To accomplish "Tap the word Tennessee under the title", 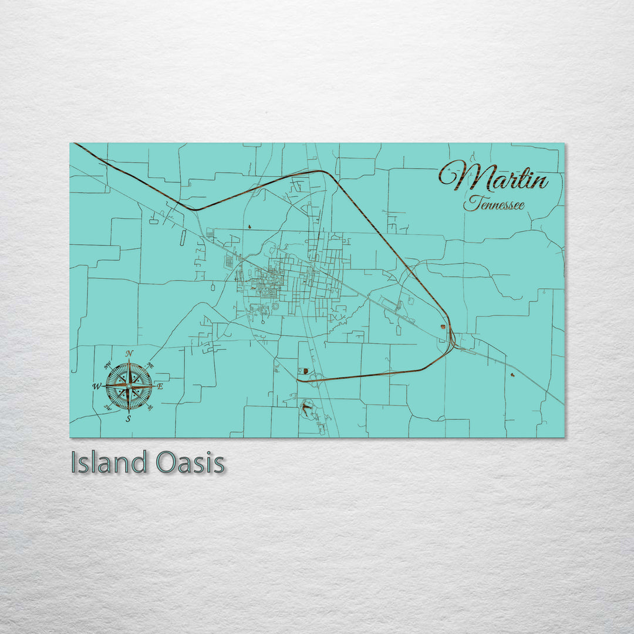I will point(493,204).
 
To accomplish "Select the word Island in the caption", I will point(108,463).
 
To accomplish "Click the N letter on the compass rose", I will point(130,353).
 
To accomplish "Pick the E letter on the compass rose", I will point(160,387).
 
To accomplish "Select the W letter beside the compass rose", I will point(97,386).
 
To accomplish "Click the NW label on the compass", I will point(108,366).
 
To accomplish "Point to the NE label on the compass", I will point(150,365).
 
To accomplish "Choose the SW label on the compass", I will point(108,407).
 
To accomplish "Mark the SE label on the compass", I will point(150,407).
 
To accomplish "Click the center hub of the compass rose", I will point(129,386).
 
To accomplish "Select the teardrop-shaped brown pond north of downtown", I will point(249,226).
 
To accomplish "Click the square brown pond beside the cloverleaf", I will point(306,371).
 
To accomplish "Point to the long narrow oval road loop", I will point(183,238).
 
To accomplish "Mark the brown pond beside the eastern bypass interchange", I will point(441,327).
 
